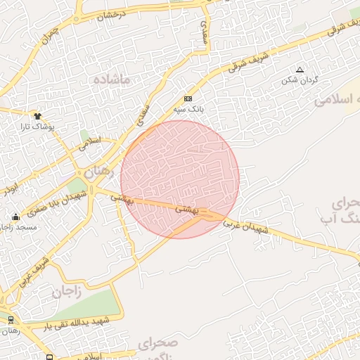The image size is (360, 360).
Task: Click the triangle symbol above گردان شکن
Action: pos(300,70)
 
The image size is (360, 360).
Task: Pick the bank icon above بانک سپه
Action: pos(188,98)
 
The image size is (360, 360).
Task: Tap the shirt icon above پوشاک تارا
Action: pos(37,115)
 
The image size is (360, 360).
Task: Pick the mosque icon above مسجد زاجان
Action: pos(15,217)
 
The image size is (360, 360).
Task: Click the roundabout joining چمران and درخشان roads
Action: pos(77,19)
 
